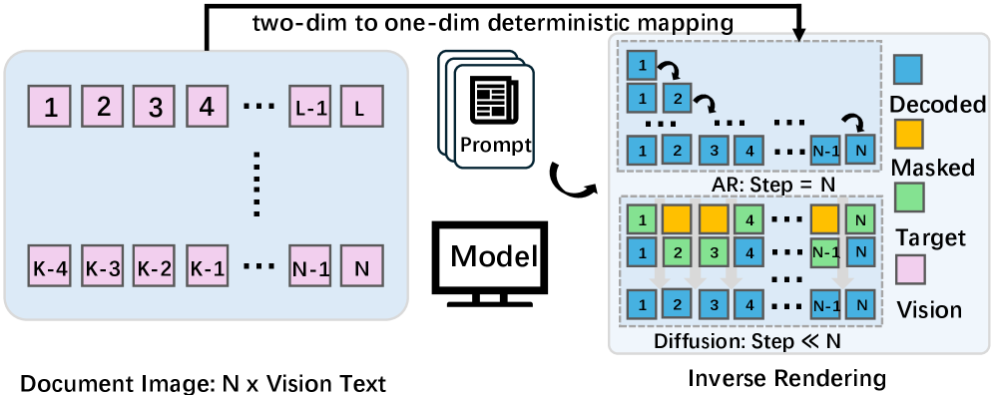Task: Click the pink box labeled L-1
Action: coord(306,106)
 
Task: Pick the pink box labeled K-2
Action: coord(155,268)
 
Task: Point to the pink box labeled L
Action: coord(360,106)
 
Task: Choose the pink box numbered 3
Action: coord(155,106)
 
